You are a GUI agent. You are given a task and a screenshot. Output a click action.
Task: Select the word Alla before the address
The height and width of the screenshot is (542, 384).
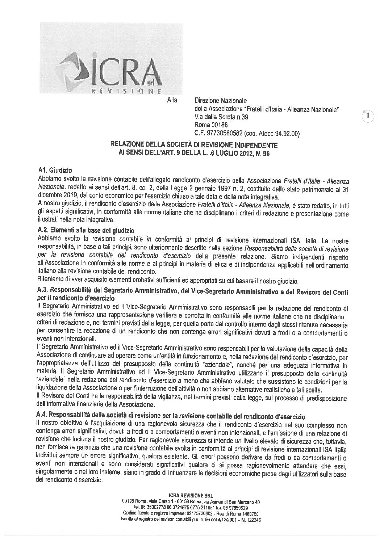172,100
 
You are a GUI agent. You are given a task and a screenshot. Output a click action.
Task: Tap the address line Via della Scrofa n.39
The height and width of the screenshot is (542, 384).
222,117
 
